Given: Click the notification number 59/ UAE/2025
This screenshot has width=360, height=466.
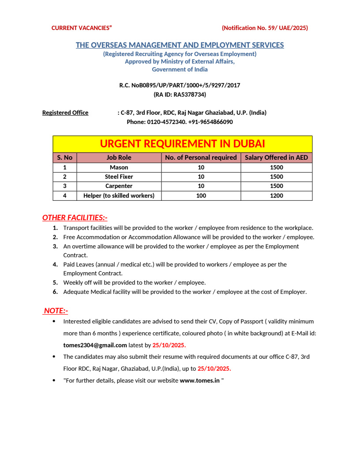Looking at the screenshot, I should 265,28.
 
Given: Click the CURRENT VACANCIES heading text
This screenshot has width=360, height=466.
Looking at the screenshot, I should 82,28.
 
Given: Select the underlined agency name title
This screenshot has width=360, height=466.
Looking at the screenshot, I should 180,45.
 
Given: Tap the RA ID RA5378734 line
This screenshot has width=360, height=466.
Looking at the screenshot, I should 180,94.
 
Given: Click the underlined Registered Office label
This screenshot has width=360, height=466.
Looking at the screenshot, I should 65,113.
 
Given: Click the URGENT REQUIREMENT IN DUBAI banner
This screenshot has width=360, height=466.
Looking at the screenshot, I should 182,144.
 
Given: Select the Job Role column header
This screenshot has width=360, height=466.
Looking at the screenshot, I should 119,158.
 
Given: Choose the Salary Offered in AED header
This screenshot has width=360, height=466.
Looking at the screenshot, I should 276,158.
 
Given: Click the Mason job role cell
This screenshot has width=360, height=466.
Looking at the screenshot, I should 119,167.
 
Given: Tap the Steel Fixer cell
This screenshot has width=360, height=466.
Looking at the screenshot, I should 119,177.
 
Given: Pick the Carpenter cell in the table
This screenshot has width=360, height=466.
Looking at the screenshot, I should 119,186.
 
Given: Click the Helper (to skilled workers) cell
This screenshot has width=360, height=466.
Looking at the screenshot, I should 119,195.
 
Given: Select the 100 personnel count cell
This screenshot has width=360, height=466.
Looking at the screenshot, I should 201,195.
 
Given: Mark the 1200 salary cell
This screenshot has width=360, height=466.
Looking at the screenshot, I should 276,195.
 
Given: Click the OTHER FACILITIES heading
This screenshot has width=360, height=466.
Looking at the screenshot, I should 75,218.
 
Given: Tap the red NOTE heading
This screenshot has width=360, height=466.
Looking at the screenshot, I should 56,311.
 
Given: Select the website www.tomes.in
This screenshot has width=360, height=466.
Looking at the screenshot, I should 199,380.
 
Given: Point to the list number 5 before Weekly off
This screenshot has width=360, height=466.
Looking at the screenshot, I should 55,282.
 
